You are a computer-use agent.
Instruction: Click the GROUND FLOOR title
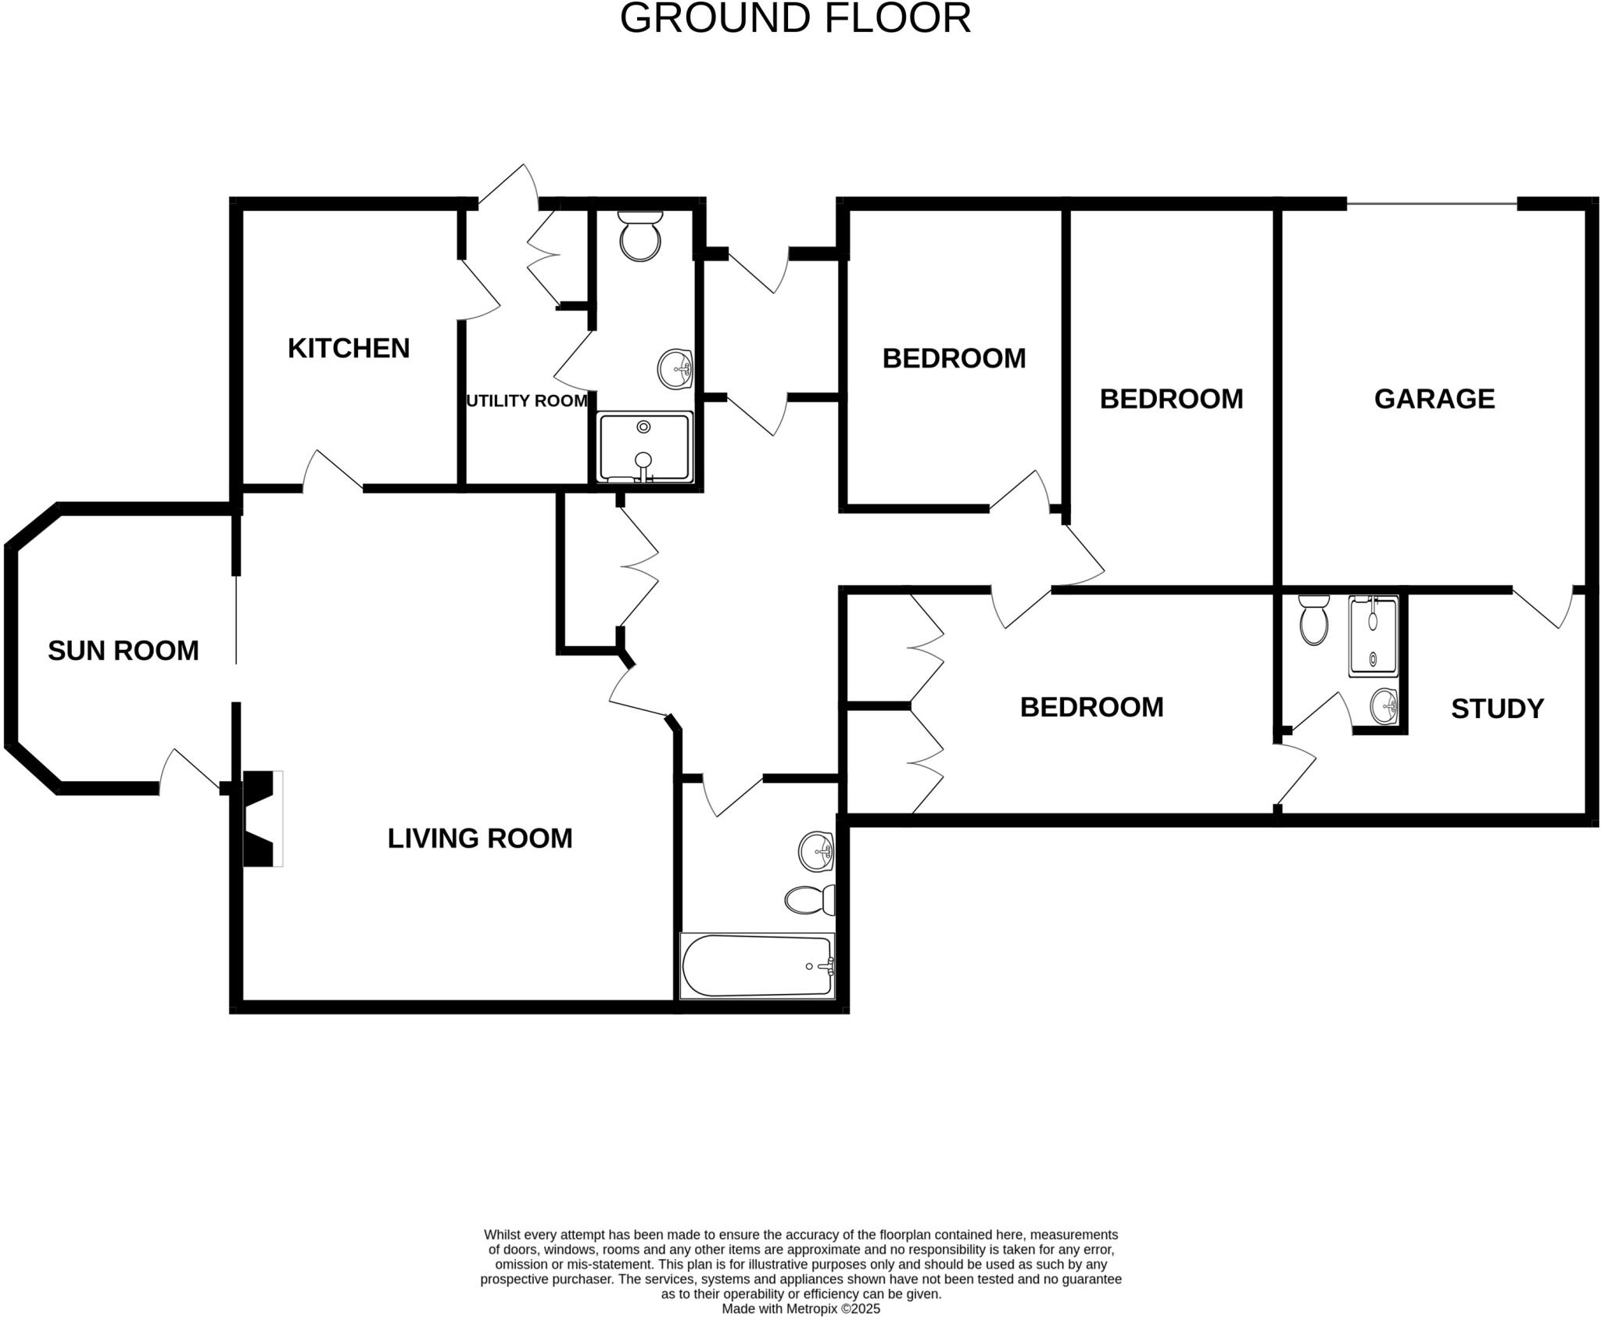coord(795,19)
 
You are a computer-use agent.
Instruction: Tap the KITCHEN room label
coord(349,348)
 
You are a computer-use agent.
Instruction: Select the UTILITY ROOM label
coord(526,401)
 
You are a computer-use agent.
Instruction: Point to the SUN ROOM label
coord(124,651)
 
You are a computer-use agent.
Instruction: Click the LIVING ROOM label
coord(480,838)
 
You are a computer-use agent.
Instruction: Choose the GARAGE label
coord(1434,399)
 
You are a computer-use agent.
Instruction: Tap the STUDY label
coord(1497,709)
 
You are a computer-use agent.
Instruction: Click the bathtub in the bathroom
coord(757,966)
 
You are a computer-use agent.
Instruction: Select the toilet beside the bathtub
coord(810,900)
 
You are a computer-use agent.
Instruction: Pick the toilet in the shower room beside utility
coord(640,235)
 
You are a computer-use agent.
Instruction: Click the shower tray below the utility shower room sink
coord(645,448)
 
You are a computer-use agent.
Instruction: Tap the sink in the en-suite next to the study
coord(1384,706)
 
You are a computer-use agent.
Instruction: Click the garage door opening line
coord(1432,205)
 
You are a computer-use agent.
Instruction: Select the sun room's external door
coord(190,770)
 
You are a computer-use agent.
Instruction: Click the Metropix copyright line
coord(800,1308)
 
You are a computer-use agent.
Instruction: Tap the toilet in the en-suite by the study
coord(1313,619)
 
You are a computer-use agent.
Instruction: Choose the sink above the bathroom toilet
coord(816,851)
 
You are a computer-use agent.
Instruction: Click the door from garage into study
coord(1542,608)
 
